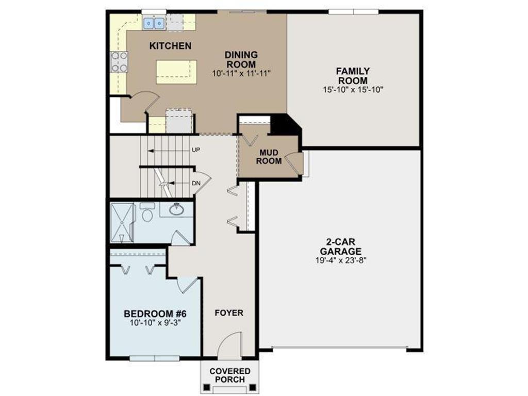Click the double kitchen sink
coord(154,23)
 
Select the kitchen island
coord(176,71)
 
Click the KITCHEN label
coord(170,46)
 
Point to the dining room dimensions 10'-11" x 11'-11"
coord(241,74)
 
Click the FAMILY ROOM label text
coord(353,76)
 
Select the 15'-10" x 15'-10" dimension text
coord(353,89)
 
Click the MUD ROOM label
coord(270,157)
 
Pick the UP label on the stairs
coord(196,150)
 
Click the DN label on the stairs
coord(196,183)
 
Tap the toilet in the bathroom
coord(147,213)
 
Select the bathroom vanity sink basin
coord(177,209)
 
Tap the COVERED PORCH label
coord(229,375)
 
